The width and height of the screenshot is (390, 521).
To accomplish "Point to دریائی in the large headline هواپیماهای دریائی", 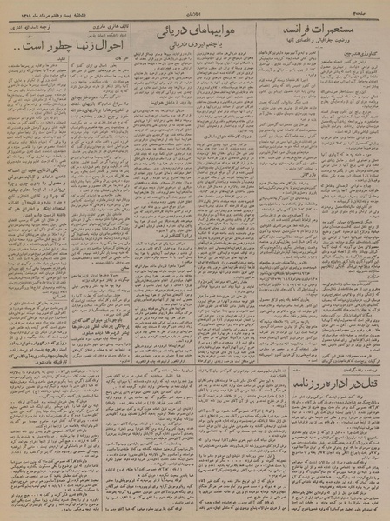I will pyautogui.click(x=165, y=31).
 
